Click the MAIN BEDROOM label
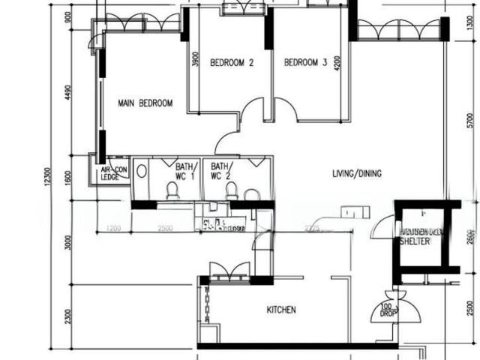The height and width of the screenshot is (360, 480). (145, 103)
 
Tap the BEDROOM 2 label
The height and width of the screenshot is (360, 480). (231, 63)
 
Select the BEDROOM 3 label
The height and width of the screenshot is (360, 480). (305, 63)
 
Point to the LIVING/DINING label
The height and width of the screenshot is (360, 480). (357, 174)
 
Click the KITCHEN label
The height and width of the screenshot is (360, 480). (281, 310)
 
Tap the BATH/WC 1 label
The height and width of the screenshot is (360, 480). (185, 171)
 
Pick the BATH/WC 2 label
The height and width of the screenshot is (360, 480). (221, 171)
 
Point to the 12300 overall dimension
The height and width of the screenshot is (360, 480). (46, 180)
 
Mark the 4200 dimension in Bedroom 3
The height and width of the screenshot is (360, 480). (338, 63)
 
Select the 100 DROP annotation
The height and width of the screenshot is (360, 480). (386, 308)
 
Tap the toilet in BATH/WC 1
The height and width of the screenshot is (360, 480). (172, 190)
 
